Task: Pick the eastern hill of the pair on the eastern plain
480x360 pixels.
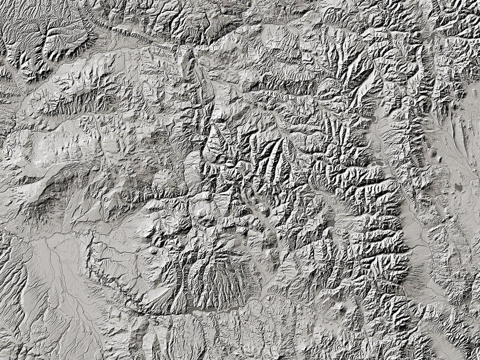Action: tap(441, 158)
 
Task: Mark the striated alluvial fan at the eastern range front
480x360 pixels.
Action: tap(412, 281)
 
